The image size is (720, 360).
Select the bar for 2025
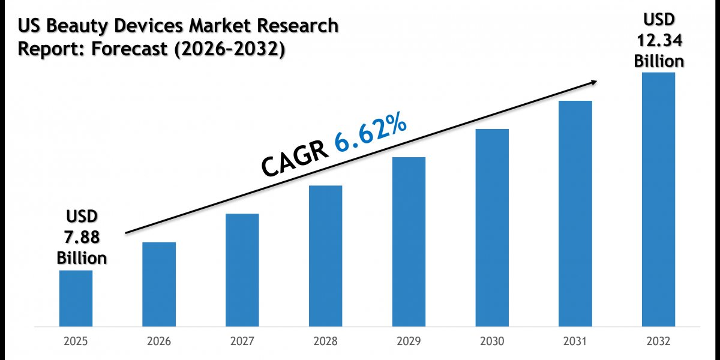(76, 298)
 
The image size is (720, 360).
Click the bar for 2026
(159, 284)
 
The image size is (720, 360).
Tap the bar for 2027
(242, 270)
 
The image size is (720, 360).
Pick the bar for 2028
(325, 256)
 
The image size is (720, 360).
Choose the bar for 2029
(409, 242)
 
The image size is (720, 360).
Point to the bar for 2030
(492, 228)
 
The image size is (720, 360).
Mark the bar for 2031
(575, 214)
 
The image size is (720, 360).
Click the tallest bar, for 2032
(658, 200)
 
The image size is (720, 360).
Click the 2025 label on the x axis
(76, 341)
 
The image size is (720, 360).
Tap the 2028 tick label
(325, 341)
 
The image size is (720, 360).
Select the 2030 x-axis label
(492, 341)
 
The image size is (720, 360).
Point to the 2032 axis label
(658, 341)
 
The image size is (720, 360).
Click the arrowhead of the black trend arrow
(594, 82)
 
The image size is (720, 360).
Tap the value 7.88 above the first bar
(82, 237)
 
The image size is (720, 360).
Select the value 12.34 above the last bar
(658, 41)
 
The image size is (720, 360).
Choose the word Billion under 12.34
(658, 61)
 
